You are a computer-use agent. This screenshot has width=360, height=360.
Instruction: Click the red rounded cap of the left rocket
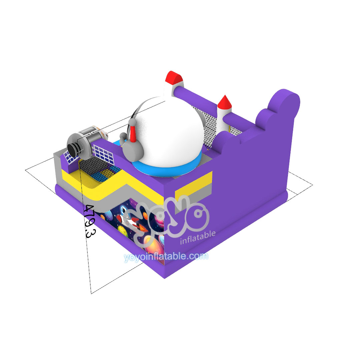(174, 77)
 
